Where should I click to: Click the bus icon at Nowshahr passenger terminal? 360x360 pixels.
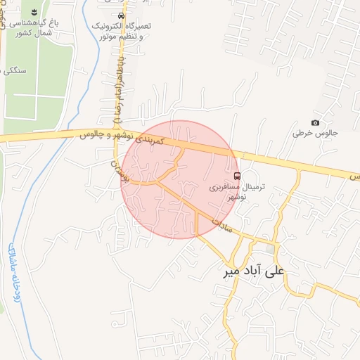pyautogui.click(x=237, y=176)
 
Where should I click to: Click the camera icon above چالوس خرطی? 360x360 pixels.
pyautogui.click(x=315, y=123)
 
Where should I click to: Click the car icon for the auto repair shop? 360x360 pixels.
pyautogui.click(x=122, y=15)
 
